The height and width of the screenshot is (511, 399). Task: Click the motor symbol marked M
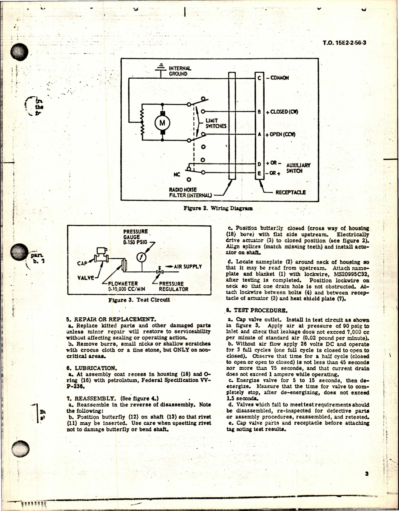(x=162, y=123)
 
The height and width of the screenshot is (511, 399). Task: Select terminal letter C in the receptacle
(x=259, y=78)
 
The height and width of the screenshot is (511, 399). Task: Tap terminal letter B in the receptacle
(x=259, y=112)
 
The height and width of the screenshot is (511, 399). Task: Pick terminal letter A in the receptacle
(x=259, y=134)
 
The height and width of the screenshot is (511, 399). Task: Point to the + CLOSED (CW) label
(x=282, y=112)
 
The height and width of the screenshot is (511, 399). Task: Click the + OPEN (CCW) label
(x=280, y=135)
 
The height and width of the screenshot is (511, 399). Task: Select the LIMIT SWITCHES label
(x=216, y=123)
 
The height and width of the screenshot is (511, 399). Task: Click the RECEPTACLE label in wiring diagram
(x=290, y=192)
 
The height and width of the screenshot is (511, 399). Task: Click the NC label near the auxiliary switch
(x=177, y=175)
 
